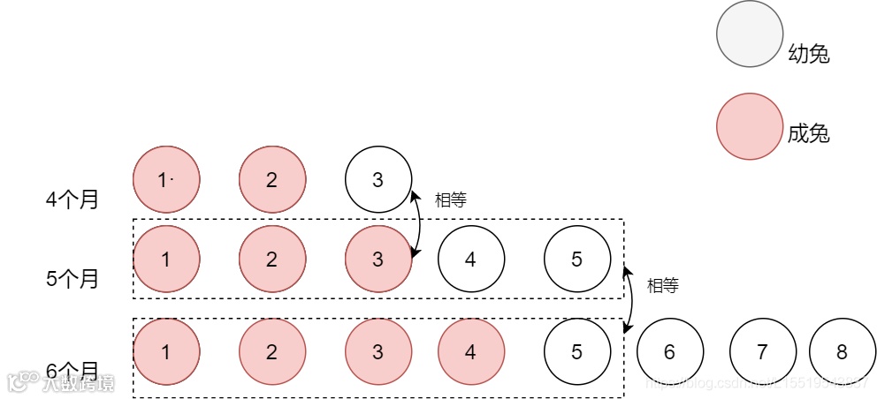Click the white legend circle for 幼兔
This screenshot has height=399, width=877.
coord(749,34)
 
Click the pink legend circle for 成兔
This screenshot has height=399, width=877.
coord(749,126)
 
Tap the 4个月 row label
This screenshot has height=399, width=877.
coord(72,199)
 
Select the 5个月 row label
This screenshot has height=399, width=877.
coord(72,279)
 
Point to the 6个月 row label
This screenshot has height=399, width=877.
coord(72,370)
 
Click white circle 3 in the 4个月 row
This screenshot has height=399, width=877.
coord(377,180)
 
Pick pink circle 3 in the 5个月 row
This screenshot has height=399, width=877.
coord(377,260)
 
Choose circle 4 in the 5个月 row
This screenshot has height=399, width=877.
coord(470,260)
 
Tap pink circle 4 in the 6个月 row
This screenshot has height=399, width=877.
coord(470,352)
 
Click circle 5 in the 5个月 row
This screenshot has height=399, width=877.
coord(576,260)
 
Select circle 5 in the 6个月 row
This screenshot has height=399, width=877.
coord(576,352)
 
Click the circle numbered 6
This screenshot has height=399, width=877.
coord(669,352)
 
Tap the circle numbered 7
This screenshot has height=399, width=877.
coord(762,352)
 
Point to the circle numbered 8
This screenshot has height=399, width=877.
coord(842,352)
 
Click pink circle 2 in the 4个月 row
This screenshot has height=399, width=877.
coord(271,180)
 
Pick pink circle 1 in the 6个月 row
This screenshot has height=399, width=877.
coord(165,352)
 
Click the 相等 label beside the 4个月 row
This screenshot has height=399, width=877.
coord(450,200)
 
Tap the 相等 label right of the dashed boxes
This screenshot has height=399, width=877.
coord(662,286)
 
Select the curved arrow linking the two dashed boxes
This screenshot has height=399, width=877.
coord(631,297)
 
